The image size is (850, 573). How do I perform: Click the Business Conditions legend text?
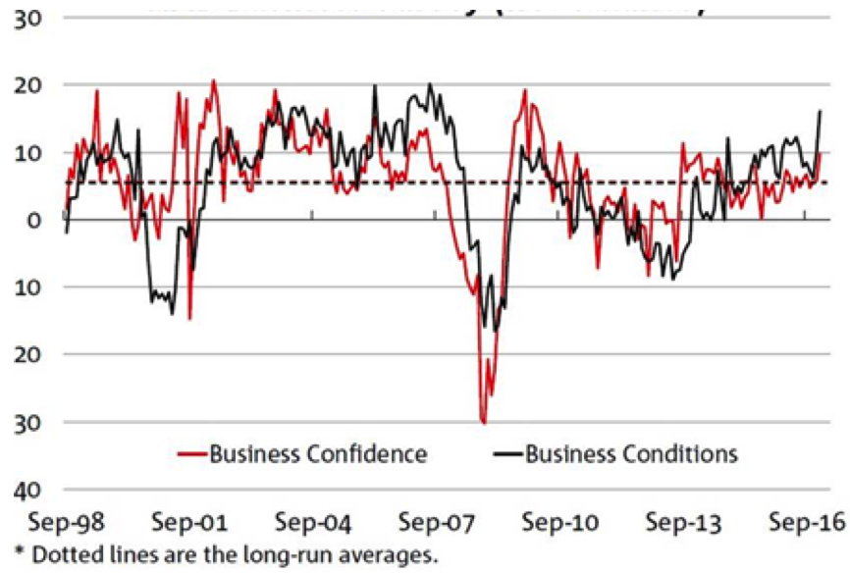click(631, 453)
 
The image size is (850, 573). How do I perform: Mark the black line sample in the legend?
click(505, 454)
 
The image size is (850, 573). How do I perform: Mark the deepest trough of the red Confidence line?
click(483, 422)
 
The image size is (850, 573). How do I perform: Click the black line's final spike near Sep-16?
click(820, 112)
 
